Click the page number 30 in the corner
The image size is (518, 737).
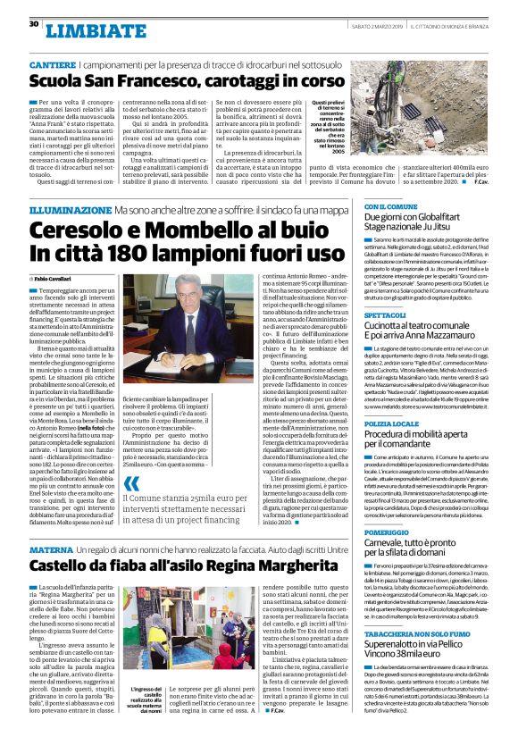tap(34, 24)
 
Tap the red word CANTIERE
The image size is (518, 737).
tap(54, 67)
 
